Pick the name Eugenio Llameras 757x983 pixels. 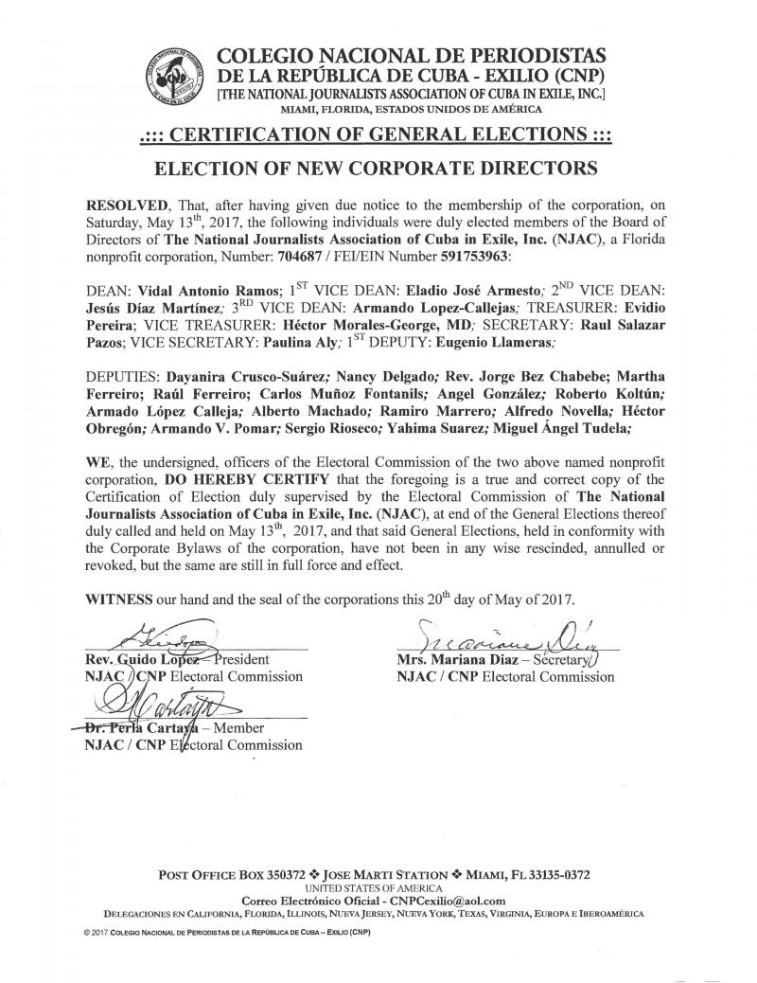click(x=450, y=337)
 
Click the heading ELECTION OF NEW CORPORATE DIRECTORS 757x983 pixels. click(x=377, y=169)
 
